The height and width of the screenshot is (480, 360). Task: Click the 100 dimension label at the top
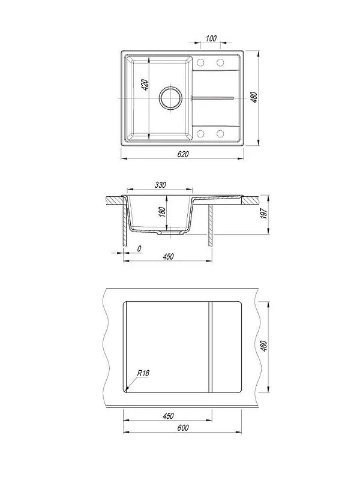pos(211,38)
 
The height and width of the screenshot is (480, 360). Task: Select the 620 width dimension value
pos(183,154)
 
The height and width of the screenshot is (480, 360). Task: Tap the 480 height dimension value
pos(254,97)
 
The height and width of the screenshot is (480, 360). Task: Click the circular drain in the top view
pos(170,98)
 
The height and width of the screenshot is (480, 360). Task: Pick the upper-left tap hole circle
pos(200,63)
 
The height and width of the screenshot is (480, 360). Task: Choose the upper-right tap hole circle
pos(220,63)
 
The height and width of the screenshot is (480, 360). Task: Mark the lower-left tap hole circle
pos(200,133)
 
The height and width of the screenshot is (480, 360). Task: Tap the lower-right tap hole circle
pos(220,133)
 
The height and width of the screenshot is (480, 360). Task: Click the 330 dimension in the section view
pos(160,185)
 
